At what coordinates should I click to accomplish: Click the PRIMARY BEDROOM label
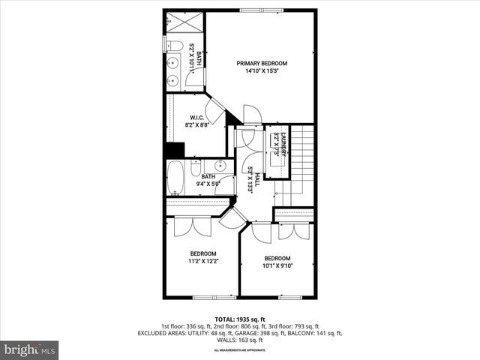pyautogui.click(x=262, y=63)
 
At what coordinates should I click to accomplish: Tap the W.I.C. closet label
pyautogui.click(x=197, y=118)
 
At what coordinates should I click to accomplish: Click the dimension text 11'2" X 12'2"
pyautogui.click(x=202, y=262)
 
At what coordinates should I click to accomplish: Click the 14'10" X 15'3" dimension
pyautogui.click(x=262, y=72)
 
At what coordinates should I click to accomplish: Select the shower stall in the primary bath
pyautogui.click(x=184, y=22)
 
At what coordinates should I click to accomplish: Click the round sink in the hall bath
pyautogui.click(x=220, y=166)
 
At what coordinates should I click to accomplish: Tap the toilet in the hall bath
pyautogui.click(x=196, y=166)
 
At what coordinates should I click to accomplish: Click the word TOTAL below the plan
pyautogui.click(x=225, y=319)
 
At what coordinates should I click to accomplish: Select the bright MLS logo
pyautogui.click(x=29, y=349)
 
